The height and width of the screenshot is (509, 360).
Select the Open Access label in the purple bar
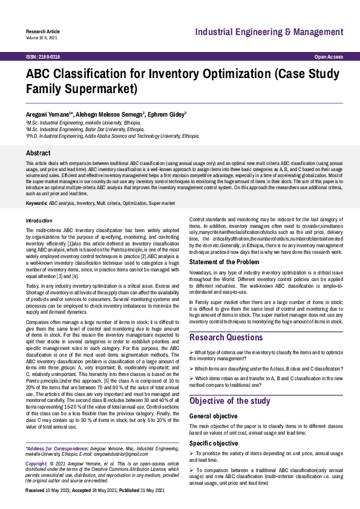pos(329,57)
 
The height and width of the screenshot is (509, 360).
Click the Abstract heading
pos(38,154)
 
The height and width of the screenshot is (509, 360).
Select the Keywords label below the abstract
pos(36,203)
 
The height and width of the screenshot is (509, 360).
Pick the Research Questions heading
pos(226,337)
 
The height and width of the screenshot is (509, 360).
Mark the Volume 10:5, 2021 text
pos(41,37)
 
